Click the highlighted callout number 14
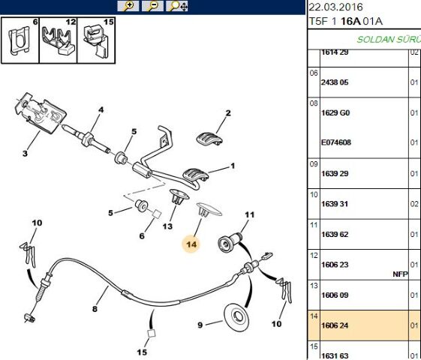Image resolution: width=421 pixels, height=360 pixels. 191,244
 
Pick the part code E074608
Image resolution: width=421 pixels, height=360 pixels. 336,142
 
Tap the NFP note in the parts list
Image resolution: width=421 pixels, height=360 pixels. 399,274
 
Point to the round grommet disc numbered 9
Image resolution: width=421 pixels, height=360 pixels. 239,316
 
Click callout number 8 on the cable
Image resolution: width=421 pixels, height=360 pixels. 95,307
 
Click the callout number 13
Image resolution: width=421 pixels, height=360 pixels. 167,226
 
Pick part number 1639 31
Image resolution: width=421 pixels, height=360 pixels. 335,203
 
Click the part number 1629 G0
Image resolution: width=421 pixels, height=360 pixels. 335,113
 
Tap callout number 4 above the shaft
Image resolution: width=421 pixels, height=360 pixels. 98,110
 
